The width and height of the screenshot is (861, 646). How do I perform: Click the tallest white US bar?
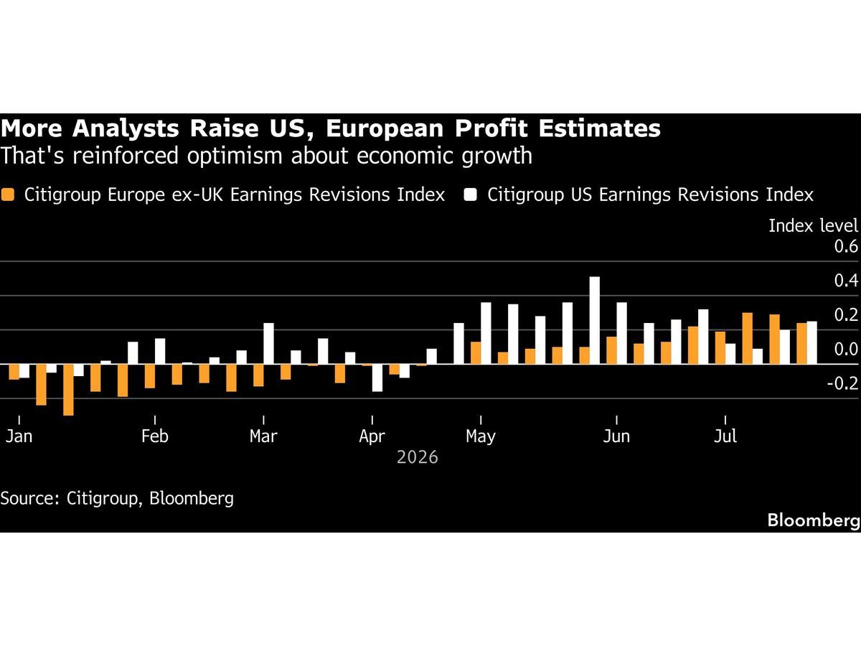coord(595,320)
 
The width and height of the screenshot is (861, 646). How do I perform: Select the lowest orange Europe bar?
coord(68,390)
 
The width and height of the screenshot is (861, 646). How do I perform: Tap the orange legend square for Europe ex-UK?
coord(7,195)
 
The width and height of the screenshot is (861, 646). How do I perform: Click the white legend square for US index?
coord(470,195)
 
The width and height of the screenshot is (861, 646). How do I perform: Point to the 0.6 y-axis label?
coord(846,246)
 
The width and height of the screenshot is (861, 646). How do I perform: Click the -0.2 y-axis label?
coord(843,383)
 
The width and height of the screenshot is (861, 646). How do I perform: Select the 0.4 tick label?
coord(846,281)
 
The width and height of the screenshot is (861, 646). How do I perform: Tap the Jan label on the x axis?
coord(19,436)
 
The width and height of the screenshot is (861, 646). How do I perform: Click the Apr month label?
coord(372,436)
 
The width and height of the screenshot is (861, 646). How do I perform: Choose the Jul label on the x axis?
coord(725,436)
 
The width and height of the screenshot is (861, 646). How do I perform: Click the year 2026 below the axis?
coord(418,457)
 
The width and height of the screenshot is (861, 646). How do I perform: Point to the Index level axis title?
coord(813,226)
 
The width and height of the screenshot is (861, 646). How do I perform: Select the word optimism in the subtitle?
coord(235,156)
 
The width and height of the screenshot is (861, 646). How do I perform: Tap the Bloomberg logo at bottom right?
coord(814,520)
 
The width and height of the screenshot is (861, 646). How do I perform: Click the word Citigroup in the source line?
coord(102,499)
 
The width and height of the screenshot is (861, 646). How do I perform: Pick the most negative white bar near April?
coord(377,378)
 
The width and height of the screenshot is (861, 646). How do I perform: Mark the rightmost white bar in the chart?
coord(812,343)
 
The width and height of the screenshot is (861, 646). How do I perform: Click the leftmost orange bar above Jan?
coord(14,372)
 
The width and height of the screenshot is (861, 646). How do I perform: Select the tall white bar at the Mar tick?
coord(268,344)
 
